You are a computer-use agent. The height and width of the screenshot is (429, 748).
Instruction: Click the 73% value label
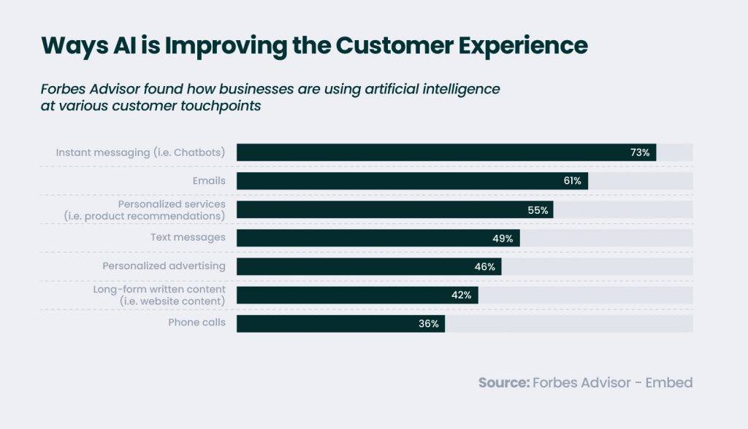pyautogui.click(x=640, y=152)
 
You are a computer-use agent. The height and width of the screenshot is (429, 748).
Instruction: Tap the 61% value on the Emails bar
pyautogui.click(x=572, y=181)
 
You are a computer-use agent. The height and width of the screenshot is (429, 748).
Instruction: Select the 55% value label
pyautogui.click(x=538, y=209)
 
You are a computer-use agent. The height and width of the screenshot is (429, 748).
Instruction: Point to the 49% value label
pyautogui.click(x=504, y=238)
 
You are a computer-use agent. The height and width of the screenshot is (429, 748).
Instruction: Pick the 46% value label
pyautogui.click(x=485, y=266)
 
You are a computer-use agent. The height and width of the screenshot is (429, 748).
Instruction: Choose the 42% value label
pyautogui.click(x=462, y=295)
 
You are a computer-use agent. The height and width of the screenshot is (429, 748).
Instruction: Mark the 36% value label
pyautogui.click(x=429, y=323)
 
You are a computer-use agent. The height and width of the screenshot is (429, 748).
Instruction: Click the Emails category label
pyautogui.click(x=209, y=180)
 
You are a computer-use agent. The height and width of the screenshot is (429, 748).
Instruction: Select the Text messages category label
pyautogui.click(x=188, y=237)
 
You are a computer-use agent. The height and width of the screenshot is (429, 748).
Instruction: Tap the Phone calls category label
pyautogui.click(x=196, y=322)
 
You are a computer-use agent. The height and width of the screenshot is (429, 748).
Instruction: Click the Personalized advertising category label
pyautogui.click(x=164, y=266)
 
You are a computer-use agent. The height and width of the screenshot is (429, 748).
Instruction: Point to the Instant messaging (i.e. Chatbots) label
pyautogui.click(x=140, y=152)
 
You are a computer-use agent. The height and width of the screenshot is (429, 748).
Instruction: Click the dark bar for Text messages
pyautogui.click(x=365, y=238)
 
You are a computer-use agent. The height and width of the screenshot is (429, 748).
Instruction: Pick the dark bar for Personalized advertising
pyautogui.click(x=351, y=266)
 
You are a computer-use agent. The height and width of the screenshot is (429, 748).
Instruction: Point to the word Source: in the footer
pyautogui.click(x=503, y=382)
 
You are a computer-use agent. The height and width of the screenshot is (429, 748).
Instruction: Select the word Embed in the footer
pyautogui.click(x=668, y=382)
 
